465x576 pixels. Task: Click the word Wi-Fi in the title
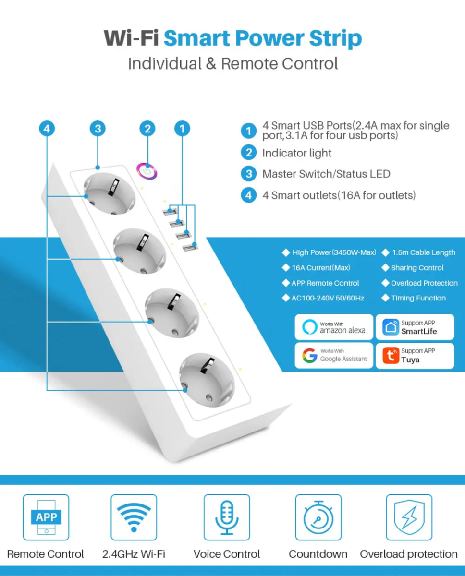coord(132,38)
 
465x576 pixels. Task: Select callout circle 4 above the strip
coord(46,129)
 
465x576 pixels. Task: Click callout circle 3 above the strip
coord(98,129)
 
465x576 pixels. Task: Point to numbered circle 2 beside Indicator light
coord(248,153)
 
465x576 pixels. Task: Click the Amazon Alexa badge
coord(334,327)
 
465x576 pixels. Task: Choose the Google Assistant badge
coord(334,356)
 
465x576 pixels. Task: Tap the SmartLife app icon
coord(391,327)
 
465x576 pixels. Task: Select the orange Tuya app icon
coord(391,356)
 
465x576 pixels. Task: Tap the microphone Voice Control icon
coord(227,517)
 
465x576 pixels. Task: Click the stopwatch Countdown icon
coord(318,517)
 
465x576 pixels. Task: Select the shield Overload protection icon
coord(409,517)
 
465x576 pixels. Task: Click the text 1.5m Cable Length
coord(423,252)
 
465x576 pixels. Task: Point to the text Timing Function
coord(418,298)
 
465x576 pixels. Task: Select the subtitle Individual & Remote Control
coord(232,63)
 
